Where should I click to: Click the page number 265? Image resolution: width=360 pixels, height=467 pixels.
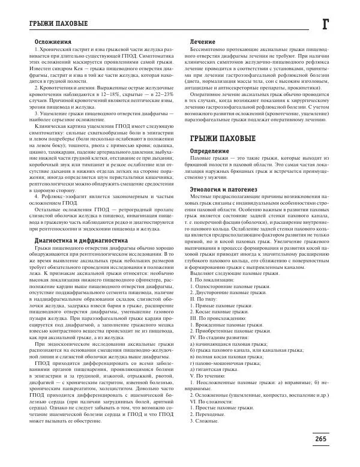[x=320, y=439]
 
